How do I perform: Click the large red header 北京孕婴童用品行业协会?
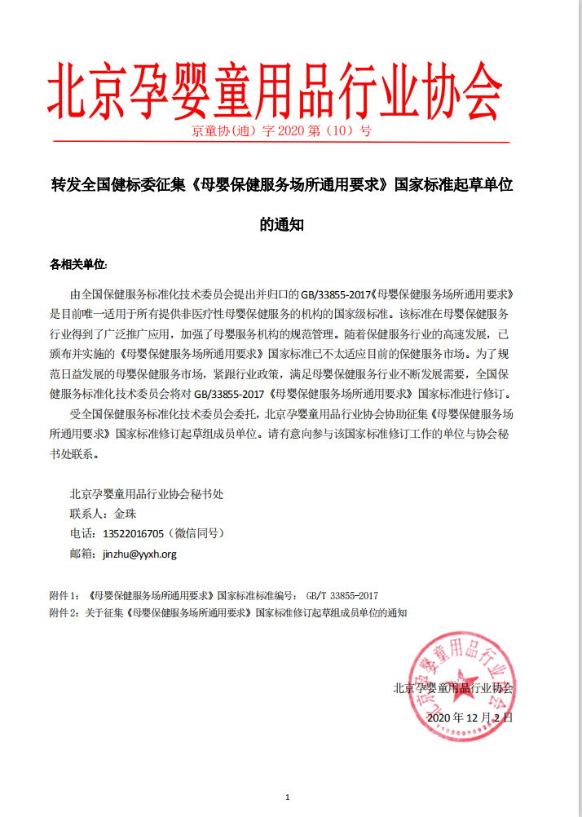click(275, 90)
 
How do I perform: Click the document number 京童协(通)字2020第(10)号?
click(281, 130)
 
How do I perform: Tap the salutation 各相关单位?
click(78, 265)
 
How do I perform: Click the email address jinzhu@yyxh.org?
click(139, 554)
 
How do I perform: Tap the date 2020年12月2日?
click(470, 718)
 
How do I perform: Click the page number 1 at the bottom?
click(288, 797)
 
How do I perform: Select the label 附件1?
click(64, 595)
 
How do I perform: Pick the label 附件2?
click(64, 612)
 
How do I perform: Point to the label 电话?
click(82, 534)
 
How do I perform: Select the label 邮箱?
click(82, 554)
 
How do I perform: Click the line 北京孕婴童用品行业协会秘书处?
click(147, 493)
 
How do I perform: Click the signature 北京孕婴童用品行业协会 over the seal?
click(453, 688)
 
